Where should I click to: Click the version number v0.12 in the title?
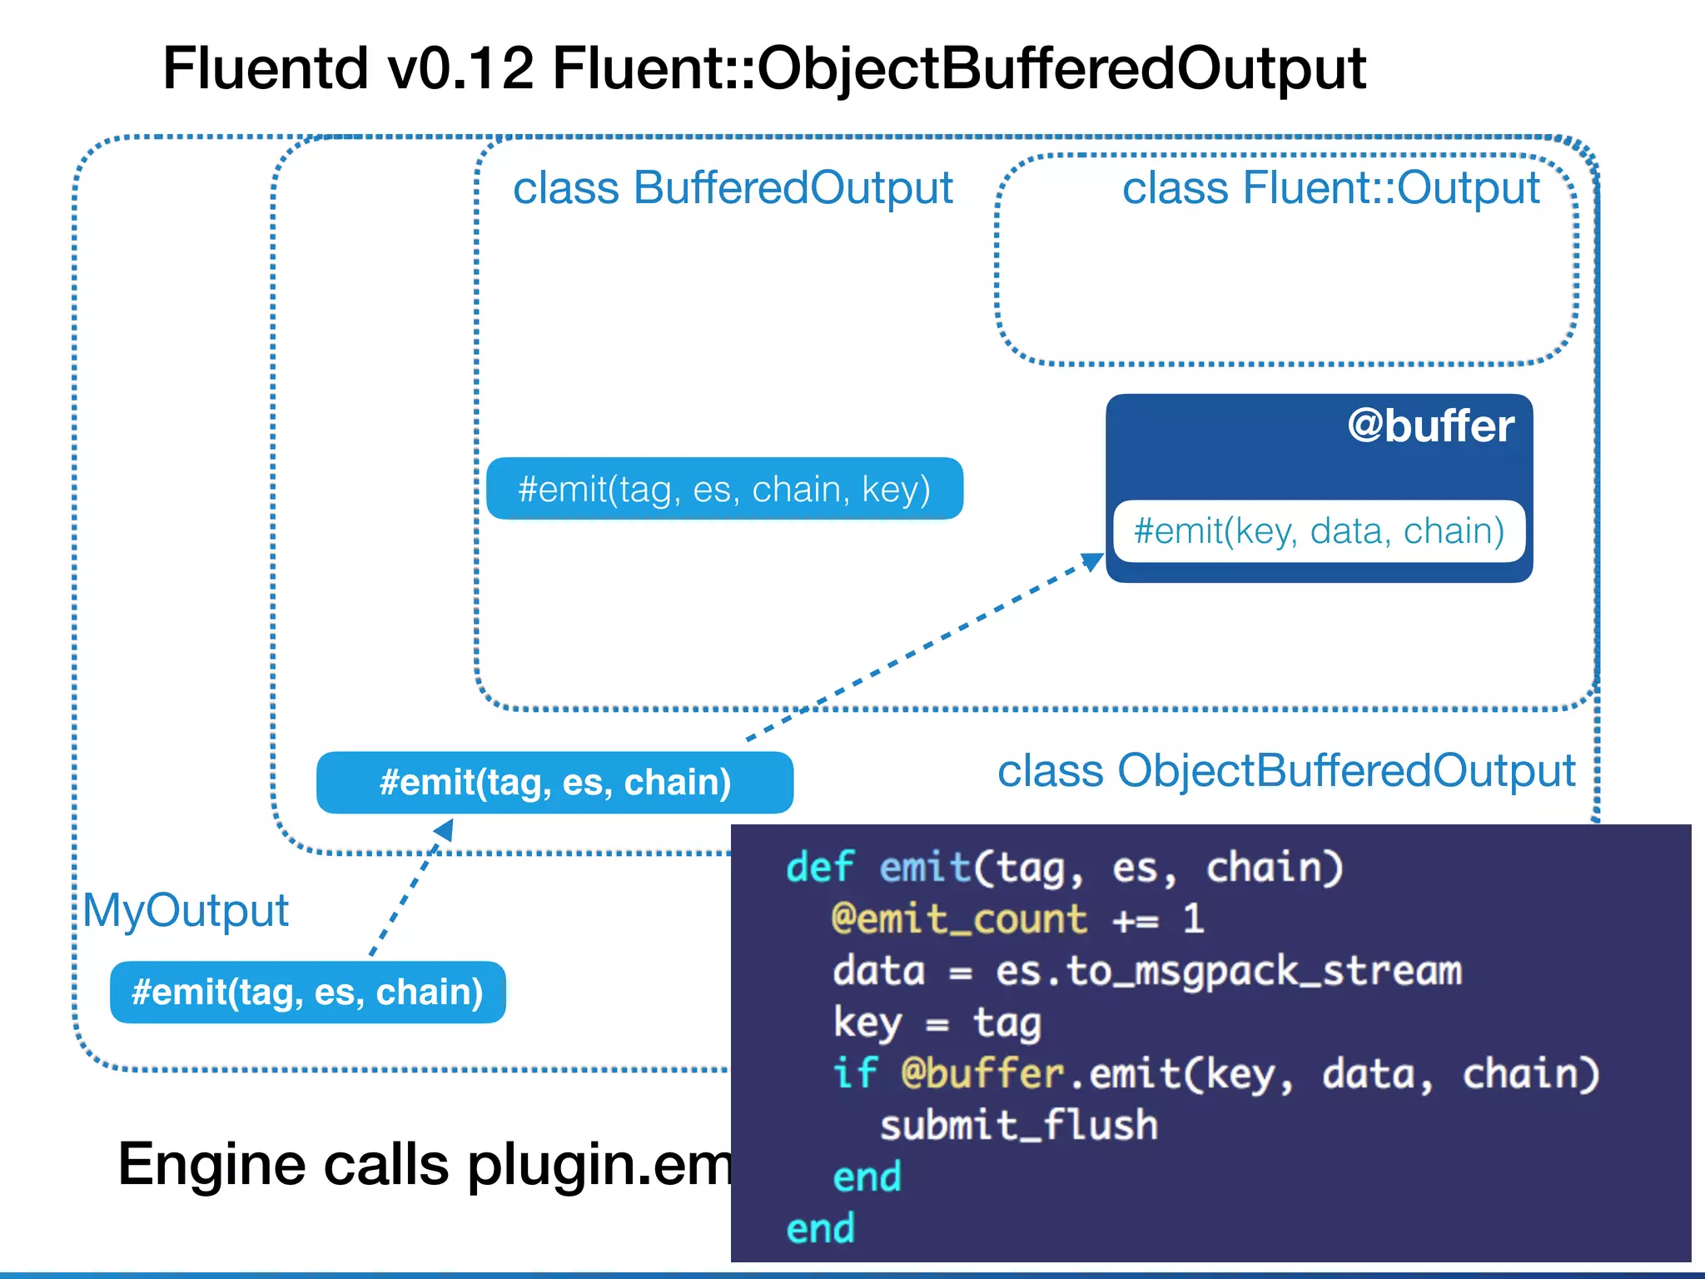click(460, 68)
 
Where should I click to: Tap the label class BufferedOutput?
click(733, 188)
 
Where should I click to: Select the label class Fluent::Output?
click(1330, 188)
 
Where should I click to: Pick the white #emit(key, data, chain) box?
click(1319, 531)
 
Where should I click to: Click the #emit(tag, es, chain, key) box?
click(724, 489)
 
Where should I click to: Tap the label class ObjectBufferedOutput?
click(1285, 771)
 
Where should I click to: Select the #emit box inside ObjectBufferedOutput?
click(554, 783)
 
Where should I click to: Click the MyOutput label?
click(186, 910)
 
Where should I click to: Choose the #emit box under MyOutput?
click(307, 993)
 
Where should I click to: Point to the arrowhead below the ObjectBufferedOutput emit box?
click(445, 829)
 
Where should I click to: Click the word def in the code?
click(819, 868)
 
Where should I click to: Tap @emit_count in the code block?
click(959, 919)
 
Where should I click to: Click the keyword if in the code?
click(854, 1073)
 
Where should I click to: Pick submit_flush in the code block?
click(1018, 1126)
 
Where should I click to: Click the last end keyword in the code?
click(820, 1229)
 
